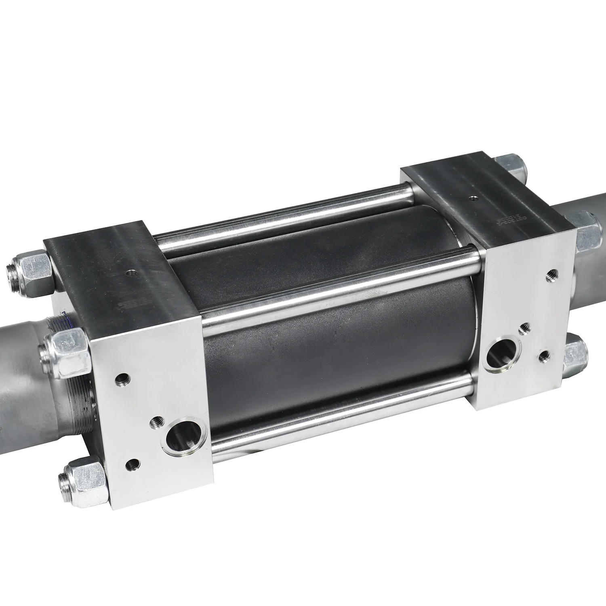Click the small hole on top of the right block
tap(474, 198)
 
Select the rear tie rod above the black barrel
tap(283, 214)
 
